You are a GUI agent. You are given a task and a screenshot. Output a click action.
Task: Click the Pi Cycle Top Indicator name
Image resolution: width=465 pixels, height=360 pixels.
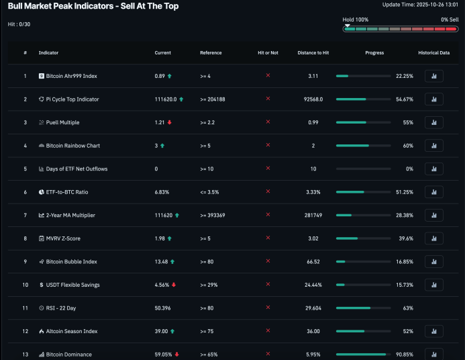tap(72, 99)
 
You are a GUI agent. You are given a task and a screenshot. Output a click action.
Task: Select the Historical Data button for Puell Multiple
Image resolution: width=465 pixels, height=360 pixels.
tap(433, 122)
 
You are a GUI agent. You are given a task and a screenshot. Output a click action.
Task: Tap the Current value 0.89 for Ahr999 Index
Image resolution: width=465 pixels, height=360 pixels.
tap(160, 76)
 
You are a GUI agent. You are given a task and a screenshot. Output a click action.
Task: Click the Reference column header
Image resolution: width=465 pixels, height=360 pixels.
tap(211, 52)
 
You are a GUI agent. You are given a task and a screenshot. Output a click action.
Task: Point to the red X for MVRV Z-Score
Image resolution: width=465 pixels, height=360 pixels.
tap(268, 238)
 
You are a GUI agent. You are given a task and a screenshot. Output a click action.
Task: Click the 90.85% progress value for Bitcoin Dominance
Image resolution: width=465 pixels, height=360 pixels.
tap(405, 354)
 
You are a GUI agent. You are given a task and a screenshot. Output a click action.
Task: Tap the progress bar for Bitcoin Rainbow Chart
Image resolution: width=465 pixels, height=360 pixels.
tap(363, 146)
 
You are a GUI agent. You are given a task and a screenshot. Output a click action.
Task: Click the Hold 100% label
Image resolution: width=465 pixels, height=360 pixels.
tap(356, 20)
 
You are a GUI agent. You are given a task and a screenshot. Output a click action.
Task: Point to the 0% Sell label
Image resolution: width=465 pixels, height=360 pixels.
tap(450, 20)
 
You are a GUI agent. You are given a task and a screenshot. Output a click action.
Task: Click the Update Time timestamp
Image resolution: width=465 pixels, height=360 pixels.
tap(420, 5)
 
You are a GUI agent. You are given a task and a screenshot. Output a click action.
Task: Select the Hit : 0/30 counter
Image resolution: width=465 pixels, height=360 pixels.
tap(19, 24)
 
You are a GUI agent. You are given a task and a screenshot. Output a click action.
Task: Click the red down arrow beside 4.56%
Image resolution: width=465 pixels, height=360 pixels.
tap(174, 285)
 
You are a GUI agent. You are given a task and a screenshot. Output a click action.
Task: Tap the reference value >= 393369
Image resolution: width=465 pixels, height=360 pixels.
tap(213, 215)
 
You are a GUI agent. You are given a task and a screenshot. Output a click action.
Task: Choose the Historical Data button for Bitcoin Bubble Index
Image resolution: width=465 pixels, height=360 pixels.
tap(433, 261)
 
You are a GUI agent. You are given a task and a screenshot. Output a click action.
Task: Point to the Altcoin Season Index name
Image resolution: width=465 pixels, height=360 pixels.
tap(72, 331)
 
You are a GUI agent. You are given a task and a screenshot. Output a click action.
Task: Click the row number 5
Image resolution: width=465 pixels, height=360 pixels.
tap(25, 169)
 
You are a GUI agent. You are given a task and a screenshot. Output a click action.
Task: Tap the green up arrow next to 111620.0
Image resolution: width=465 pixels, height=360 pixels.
tap(181, 99)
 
